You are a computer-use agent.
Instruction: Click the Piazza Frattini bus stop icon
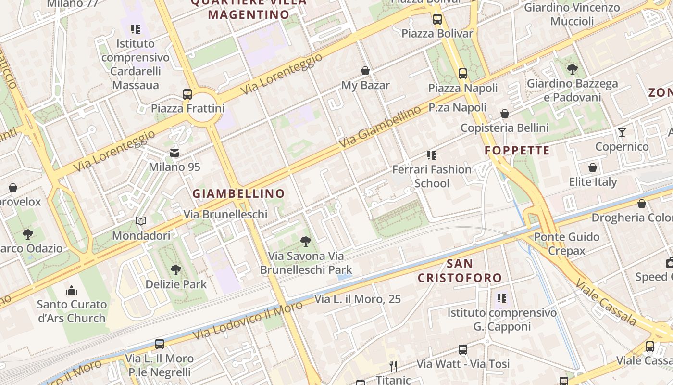coord(187,94)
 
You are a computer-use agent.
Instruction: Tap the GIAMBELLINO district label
coord(239,194)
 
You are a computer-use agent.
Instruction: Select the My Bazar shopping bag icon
coord(365,71)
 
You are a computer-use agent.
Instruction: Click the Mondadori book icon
coord(141,221)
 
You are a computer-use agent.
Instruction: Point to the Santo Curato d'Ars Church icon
coord(72,290)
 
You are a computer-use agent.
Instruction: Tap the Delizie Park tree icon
coord(176,269)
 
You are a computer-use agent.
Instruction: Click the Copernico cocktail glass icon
coord(622,132)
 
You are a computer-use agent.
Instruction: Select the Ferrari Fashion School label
coord(432,176)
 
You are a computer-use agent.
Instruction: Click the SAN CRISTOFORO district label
coord(460,271)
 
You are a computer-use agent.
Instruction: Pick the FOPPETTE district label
coord(517,151)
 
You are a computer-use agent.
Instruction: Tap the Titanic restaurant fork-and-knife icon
coord(393,366)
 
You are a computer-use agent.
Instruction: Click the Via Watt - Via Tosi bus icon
coord(463,350)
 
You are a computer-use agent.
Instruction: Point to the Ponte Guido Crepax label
coord(567,244)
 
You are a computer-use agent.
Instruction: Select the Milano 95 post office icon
coord(174,153)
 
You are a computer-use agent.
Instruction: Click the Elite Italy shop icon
coord(593,167)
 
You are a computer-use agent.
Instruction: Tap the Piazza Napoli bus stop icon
coord(463,74)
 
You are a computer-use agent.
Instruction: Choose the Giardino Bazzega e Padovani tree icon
coord(572,69)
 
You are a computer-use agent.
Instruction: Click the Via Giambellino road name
coord(380,128)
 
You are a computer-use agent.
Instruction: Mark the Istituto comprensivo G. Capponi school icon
coord(502,298)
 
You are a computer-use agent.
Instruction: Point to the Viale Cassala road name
coord(606,301)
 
